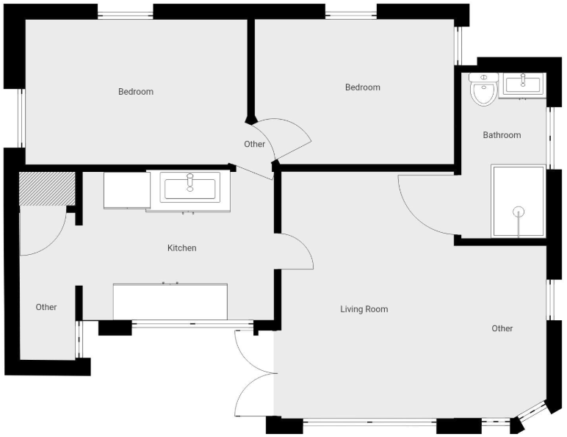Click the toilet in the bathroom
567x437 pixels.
[483, 90]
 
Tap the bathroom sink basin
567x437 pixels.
[522, 85]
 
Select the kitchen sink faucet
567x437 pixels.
[190, 182]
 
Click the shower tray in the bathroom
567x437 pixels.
[519, 201]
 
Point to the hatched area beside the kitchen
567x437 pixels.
[47, 189]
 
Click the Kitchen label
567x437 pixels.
[182, 248]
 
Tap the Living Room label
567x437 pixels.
[364, 309]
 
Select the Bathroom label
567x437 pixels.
[502, 135]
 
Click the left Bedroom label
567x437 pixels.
[136, 92]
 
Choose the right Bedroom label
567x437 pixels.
[363, 87]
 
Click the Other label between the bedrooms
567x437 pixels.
[255, 145]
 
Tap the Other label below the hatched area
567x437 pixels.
[46, 307]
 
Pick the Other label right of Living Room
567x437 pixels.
[502, 328]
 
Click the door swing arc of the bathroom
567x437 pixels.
[415, 217]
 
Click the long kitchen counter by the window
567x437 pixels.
[170, 302]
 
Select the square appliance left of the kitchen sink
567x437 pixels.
[127, 190]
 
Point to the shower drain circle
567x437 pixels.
[519, 212]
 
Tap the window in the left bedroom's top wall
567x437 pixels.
[126, 15]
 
